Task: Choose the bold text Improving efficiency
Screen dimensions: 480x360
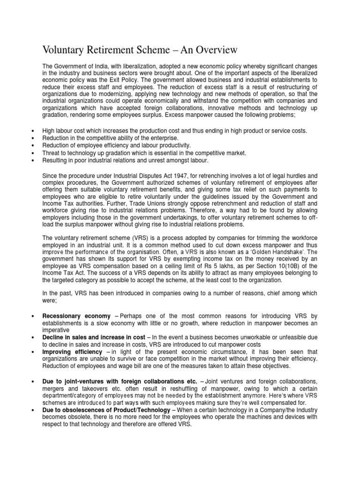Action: (72, 352)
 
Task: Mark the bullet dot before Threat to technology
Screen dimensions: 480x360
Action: (31, 153)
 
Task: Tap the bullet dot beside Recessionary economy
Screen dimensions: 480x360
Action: (31, 316)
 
